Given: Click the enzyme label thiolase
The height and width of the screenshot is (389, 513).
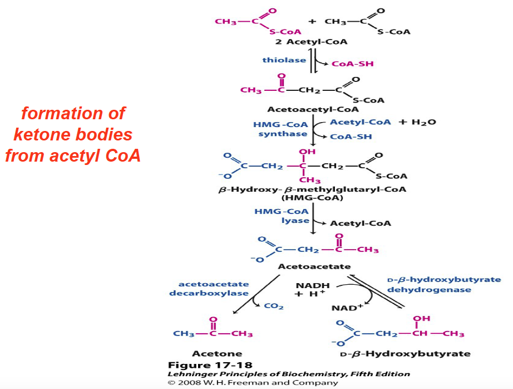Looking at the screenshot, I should coord(284,60).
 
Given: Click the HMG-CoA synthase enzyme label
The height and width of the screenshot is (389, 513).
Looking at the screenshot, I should coord(280,129).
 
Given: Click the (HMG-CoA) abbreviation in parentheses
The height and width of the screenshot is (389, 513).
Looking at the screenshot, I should coord(312,198).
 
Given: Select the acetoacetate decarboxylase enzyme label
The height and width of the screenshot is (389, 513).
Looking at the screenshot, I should coord(214,288).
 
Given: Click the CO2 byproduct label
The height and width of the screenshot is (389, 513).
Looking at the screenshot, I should coord(274,306).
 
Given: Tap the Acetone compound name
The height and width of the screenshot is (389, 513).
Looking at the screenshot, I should coord(217,353).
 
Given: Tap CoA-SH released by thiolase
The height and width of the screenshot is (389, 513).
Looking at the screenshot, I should coord(352,64).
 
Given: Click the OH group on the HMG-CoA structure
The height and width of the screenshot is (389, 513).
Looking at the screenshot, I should coord(307,152).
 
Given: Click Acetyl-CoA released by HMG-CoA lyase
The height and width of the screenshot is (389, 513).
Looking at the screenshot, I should coord(360,223).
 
